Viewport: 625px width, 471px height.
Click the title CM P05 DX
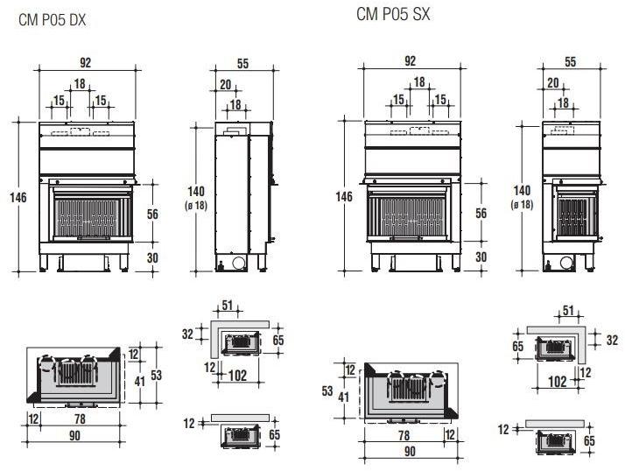point(52,18)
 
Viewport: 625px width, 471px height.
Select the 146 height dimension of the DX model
point(18,197)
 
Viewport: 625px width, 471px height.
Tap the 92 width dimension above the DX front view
point(85,62)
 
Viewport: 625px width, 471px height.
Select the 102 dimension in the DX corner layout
point(236,376)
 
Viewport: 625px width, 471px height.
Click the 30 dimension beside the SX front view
point(481,257)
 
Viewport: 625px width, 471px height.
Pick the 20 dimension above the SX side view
point(552,82)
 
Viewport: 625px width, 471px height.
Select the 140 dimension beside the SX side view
point(522,191)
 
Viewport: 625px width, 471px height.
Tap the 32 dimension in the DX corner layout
point(186,334)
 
